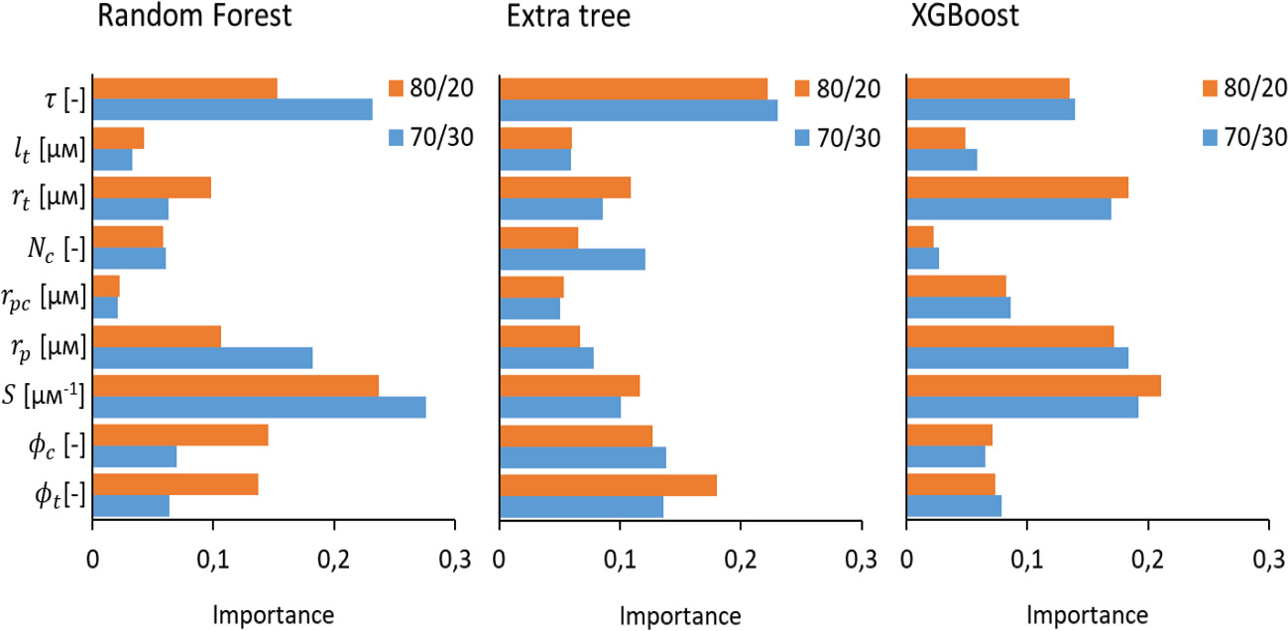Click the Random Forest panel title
[x=196, y=17]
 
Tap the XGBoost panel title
[x=961, y=17]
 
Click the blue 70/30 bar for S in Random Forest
[x=259, y=408]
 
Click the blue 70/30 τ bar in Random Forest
[x=232, y=110]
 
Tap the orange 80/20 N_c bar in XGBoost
[x=920, y=237]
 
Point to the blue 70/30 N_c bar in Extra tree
[x=572, y=259]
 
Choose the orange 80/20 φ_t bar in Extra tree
[x=608, y=485]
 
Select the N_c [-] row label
[x=55, y=248]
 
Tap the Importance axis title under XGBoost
[x=1087, y=615]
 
